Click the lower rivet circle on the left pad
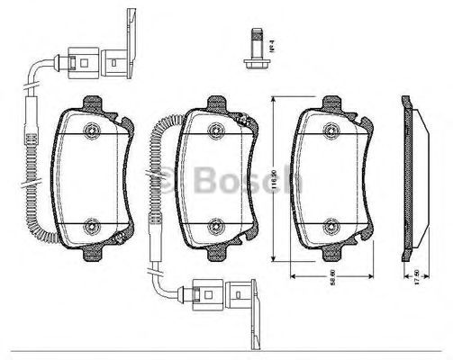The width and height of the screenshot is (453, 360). point(92,228)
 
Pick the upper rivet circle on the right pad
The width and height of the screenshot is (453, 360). point(331,132)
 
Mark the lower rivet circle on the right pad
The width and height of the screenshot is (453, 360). point(331,228)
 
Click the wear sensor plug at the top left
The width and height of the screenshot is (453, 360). point(90,64)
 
